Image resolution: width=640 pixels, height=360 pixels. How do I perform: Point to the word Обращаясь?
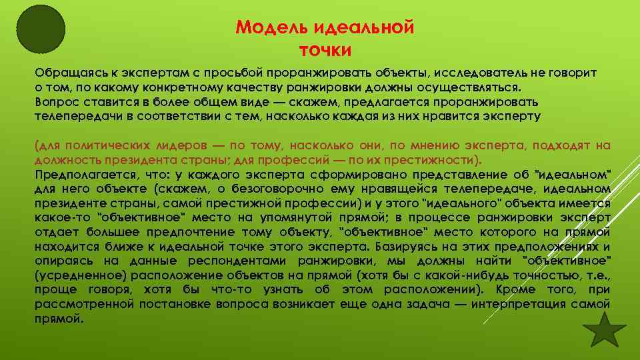(66, 73)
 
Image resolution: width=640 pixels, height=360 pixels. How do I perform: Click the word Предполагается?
(77, 175)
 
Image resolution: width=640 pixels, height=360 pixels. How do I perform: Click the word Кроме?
(516, 290)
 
